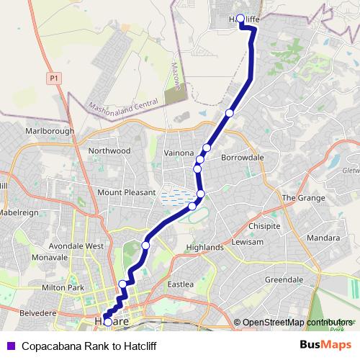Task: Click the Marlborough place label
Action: [x=49, y=130]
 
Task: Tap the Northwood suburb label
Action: [x=109, y=150]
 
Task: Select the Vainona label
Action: [x=179, y=153]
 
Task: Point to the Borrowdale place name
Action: [x=238, y=156]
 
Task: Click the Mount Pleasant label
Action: [x=126, y=193]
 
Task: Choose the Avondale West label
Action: [x=74, y=246]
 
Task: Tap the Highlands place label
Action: [x=204, y=247]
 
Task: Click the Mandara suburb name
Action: [x=323, y=237]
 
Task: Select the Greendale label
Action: [x=284, y=279]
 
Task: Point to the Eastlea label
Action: [x=181, y=284]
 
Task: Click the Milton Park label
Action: [x=63, y=288]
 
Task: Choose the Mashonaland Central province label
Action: [x=122, y=105]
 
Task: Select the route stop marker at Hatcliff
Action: [x=241, y=18]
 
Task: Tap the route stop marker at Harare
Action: [x=108, y=322]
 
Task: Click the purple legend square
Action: [x=10, y=346]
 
